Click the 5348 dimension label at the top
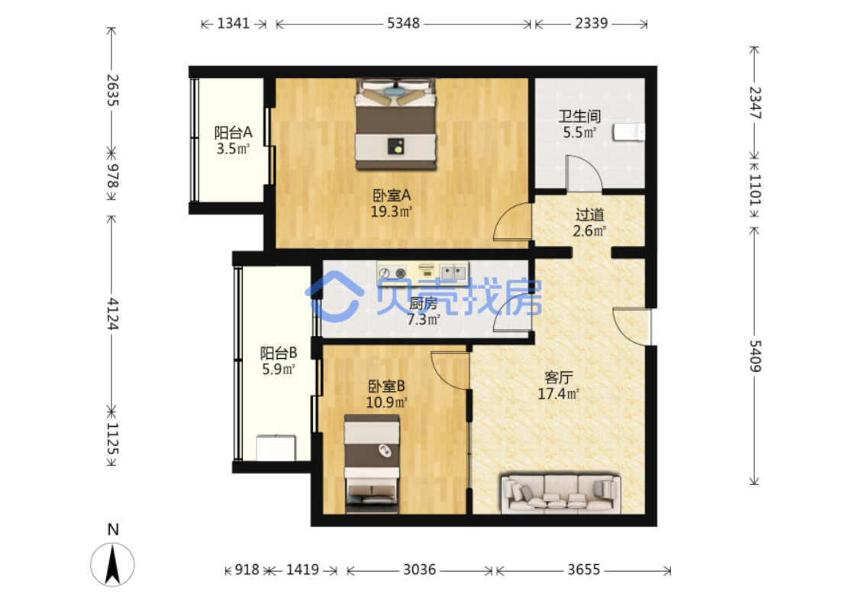click(403, 23)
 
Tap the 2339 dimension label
click(592, 23)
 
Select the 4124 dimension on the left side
click(112, 314)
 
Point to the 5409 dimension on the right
click(754, 357)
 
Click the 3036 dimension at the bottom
click(419, 570)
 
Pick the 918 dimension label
click(247, 570)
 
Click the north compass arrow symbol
click(112, 563)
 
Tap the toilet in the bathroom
click(629, 132)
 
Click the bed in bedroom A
click(395, 124)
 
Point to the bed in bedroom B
click(372, 464)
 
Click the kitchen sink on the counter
click(453, 272)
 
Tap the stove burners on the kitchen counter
click(392, 273)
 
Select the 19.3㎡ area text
click(391, 211)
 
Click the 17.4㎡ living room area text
click(558, 394)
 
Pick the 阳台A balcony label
click(233, 132)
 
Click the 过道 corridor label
click(589, 214)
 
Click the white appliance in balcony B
click(276, 448)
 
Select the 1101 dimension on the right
click(754, 189)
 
